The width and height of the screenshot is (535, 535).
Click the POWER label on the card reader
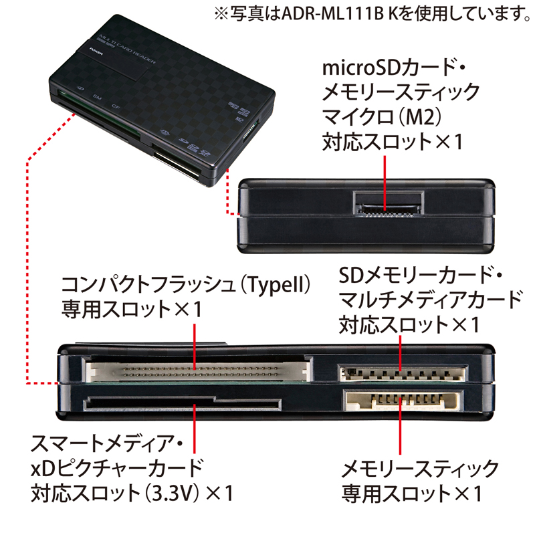(x=96, y=51)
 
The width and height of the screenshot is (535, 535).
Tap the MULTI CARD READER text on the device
(x=127, y=48)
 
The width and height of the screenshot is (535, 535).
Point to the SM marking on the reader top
(x=97, y=97)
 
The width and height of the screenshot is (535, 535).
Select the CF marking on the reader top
(x=116, y=106)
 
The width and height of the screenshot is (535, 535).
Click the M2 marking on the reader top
(x=239, y=120)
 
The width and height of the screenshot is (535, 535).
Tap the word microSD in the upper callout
(x=362, y=68)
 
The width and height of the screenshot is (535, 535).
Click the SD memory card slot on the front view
(x=403, y=373)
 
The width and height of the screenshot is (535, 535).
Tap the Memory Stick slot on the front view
(x=403, y=400)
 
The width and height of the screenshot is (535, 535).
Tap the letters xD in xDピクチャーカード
(x=43, y=469)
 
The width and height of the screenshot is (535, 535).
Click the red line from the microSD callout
(x=385, y=183)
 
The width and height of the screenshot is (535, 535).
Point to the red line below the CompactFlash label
(x=195, y=347)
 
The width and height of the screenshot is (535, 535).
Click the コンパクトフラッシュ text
(x=149, y=285)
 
